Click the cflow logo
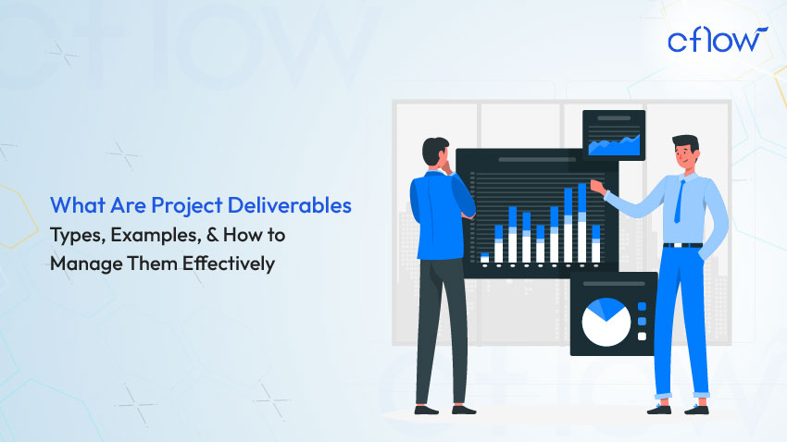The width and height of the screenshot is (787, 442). [x=718, y=40]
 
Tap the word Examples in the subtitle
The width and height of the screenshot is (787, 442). [x=156, y=236]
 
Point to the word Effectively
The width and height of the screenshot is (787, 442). [x=229, y=264]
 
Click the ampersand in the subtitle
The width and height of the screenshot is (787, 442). [x=212, y=235]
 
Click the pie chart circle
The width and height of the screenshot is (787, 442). [x=606, y=322]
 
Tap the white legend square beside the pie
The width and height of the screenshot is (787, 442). [x=642, y=337]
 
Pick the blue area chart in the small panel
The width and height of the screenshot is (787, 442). [x=615, y=144]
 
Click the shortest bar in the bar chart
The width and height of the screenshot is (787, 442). [x=484, y=258]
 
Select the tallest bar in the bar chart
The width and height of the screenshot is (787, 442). [x=581, y=223]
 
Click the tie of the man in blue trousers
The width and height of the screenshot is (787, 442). [x=679, y=202]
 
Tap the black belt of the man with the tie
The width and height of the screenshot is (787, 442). [x=682, y=245]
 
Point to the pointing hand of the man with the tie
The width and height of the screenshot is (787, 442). [x=597, y=187]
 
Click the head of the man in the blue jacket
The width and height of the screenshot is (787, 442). [x=434, y=152]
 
